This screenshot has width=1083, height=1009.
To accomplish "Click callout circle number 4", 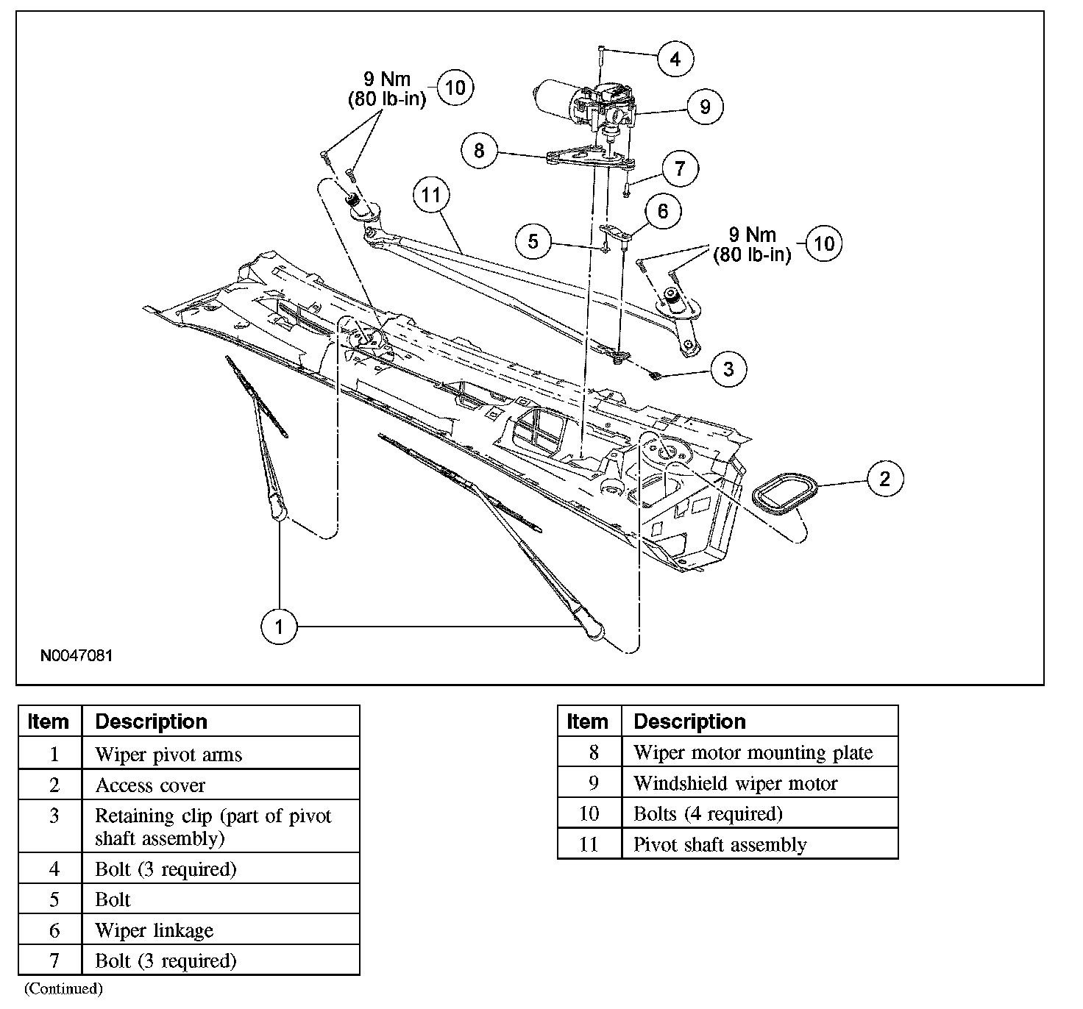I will point(675,58).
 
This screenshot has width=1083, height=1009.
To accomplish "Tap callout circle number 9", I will point(705,107).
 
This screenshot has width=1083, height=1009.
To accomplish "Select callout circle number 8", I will point(480,151).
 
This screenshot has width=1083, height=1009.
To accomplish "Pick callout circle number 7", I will point(680,168).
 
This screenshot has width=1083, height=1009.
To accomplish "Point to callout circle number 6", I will point(663,212).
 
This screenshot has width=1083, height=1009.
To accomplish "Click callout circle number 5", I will point(533,241).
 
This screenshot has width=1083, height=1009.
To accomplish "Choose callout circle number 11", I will point(431,195).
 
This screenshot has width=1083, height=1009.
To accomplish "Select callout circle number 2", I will point(884,479).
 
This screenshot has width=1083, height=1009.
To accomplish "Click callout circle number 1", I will point(279,627).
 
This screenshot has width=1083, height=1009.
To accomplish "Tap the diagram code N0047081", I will point(77,655).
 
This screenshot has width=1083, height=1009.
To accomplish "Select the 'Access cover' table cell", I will point(150,785).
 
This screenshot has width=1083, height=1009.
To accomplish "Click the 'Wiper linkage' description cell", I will point(155,930).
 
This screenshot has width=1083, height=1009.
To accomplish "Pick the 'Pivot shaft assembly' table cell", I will point(720,844).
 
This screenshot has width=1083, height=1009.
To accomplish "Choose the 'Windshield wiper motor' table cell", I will point(735,783).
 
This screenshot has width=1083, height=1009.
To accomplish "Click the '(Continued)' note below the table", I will point(63,988).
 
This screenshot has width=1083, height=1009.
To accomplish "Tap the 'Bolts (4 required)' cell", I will point(708,813).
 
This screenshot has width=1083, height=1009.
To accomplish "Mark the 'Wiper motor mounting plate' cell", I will point(753,752).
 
